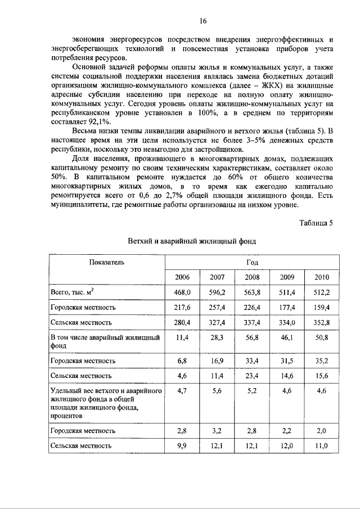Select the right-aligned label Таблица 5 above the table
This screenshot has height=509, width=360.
click(x=317, y=222)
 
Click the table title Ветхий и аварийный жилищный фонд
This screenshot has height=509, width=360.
click(x=192, y=241)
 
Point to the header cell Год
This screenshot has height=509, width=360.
click(x=252, y=262)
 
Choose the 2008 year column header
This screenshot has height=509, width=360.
click(x=252, y=277)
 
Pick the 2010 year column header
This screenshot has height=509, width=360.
click(x=322, y=277)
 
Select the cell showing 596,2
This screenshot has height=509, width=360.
click(x=217, y=292)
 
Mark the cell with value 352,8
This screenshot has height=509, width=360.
click(x=322, y=322)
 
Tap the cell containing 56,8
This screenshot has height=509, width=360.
click(x=252, y=337)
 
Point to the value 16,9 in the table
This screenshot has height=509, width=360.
click(x=217, y=359)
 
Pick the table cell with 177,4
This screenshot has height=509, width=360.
click(x=287, y=308)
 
